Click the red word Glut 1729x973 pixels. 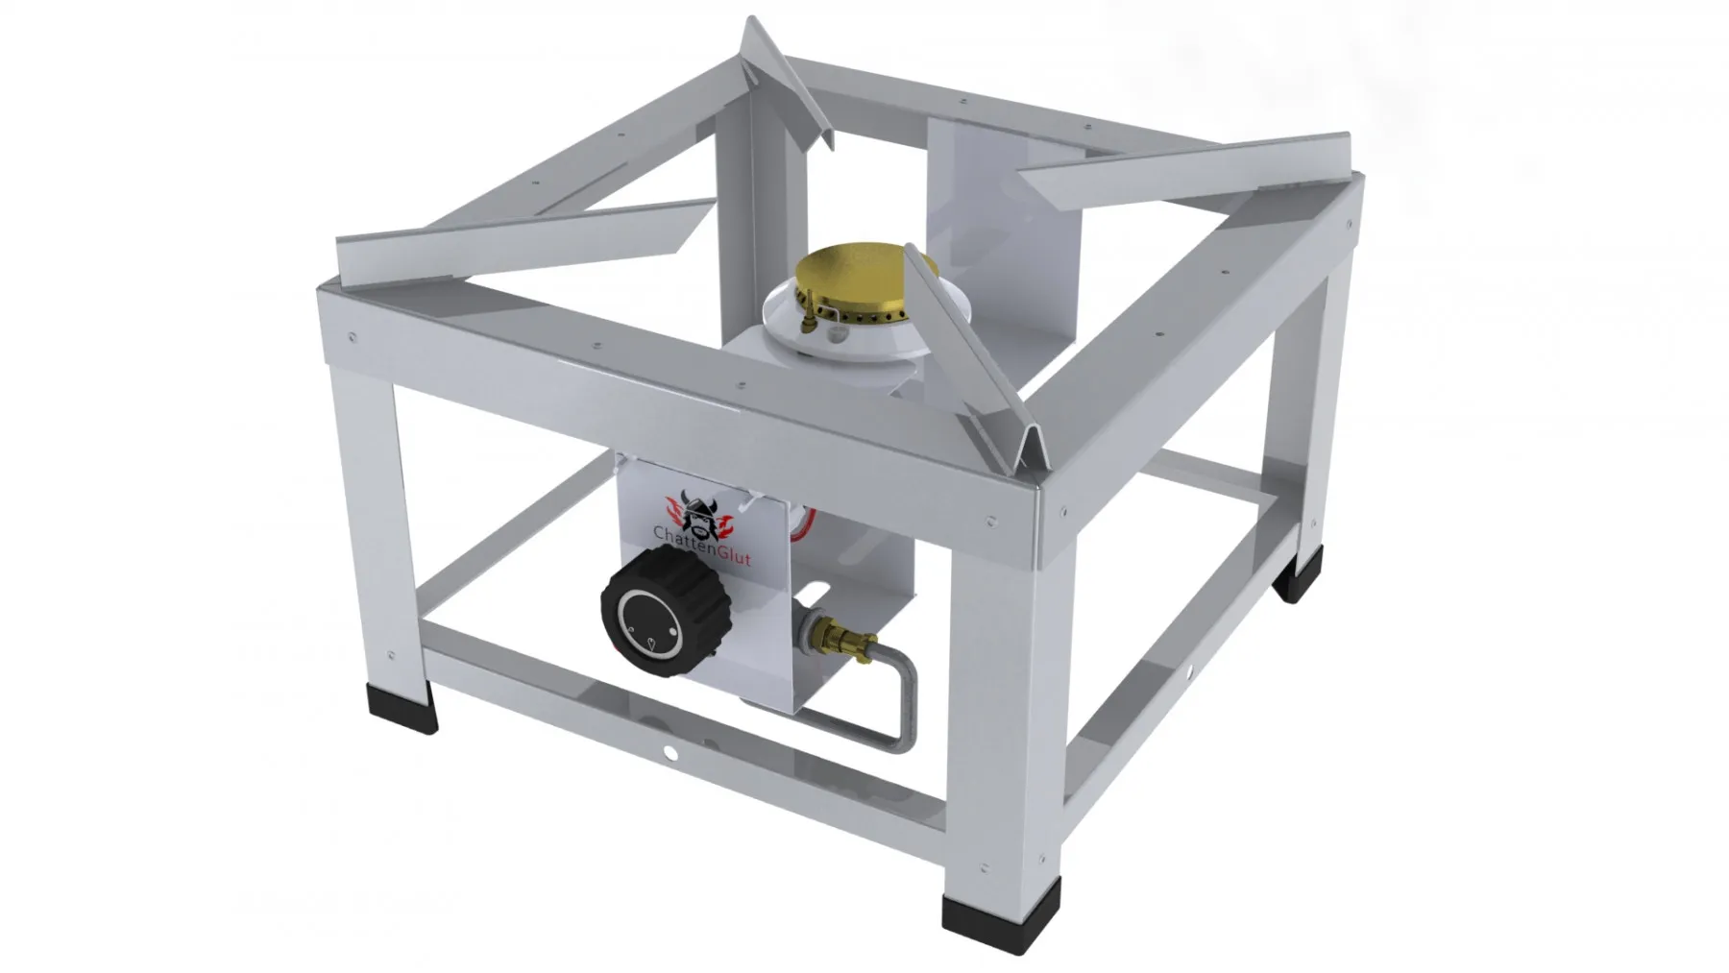point(734,559)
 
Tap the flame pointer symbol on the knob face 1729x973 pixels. point(652,644)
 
